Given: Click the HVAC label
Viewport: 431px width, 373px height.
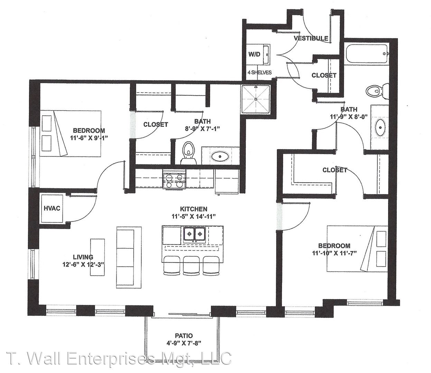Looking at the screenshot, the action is [x=52, y=208].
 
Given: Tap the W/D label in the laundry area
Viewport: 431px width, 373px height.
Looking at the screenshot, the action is [x=254, y=54].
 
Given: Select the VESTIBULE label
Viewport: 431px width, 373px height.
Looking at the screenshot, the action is [x=311, y=38].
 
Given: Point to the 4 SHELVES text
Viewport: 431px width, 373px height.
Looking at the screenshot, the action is [x=260, y=72].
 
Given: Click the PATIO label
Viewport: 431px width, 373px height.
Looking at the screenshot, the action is [x=184, y=336].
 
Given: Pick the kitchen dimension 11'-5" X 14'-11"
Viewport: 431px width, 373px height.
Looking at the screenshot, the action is [x=194, y=217].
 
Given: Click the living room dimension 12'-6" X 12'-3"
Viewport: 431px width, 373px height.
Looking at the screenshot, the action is [x=83, y=265].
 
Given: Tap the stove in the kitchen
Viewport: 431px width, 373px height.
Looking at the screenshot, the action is [x=174, y=179].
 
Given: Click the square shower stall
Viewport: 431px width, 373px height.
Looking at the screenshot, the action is [x=256, y=99].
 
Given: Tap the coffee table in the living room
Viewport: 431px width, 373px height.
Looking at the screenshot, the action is [x=97, y=257].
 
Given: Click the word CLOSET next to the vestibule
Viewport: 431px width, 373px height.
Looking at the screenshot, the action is [x=324, y=75].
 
